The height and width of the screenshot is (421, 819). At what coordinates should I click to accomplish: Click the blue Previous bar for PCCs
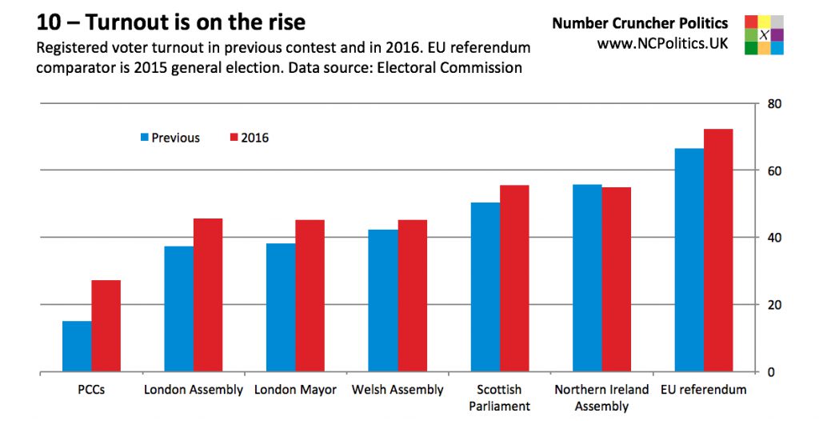click(x=77, y=346)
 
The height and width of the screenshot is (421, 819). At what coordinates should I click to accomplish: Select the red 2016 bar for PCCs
click(x=106, y=326)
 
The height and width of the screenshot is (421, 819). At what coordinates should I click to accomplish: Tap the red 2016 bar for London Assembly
click(x=208, y=295)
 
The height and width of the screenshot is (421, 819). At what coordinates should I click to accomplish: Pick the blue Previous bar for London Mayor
click(x=281, y=307)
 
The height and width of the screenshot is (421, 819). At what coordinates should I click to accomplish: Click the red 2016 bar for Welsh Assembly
click(x=412, y=295)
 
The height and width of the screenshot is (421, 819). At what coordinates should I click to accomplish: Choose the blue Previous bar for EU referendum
click(x=689, y=259)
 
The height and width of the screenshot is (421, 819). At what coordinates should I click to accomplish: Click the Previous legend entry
click(x=170, y=138)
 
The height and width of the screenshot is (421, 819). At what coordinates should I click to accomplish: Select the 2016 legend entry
click(x=249, y=138)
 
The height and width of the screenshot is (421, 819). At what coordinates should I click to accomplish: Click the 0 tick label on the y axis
click(x=772, y=372)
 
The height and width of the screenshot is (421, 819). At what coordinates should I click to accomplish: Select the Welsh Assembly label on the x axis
click(x=398, y=390)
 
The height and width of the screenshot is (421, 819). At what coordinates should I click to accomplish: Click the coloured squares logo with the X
click(x=764, y=34)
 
